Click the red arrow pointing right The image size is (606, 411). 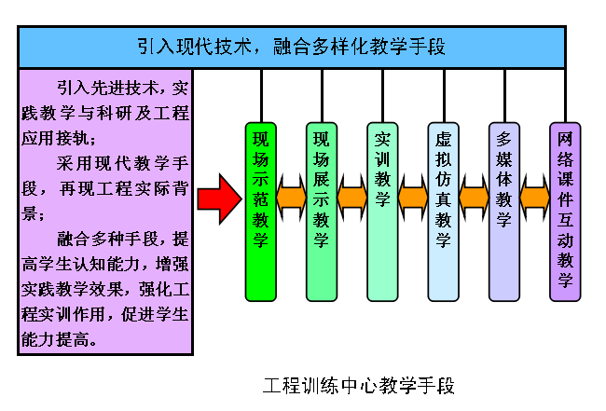pos(219,199)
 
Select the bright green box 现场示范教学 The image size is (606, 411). pos(261,212)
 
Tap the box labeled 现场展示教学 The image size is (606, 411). pos(322,212)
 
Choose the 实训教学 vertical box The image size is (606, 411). pos(382,212)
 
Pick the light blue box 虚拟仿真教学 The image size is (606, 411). pos(443,212)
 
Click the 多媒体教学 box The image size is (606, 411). pos(504,212)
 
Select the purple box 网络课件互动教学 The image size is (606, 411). pos(565,212)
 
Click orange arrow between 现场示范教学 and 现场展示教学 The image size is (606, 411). pos(292,198)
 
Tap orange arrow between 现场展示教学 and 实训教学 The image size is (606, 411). pos(352,198)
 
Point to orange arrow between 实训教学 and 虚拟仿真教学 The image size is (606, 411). pos(413,198)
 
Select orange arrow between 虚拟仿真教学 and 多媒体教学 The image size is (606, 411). pos(474,198)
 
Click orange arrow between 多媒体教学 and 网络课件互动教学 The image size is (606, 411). pos(535,198)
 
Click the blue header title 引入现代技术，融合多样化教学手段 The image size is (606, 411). pos(292,47)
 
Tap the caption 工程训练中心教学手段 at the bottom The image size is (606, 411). pos(359,386)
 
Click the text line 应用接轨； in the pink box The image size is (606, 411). pos(59,138)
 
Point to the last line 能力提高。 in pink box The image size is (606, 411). pos(59,339)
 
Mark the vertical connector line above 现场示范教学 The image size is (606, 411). pos(262,96)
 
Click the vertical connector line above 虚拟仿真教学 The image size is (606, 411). pos(444,96)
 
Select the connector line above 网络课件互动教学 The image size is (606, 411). pos(565,96)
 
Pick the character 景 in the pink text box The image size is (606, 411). pos(30,213)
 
